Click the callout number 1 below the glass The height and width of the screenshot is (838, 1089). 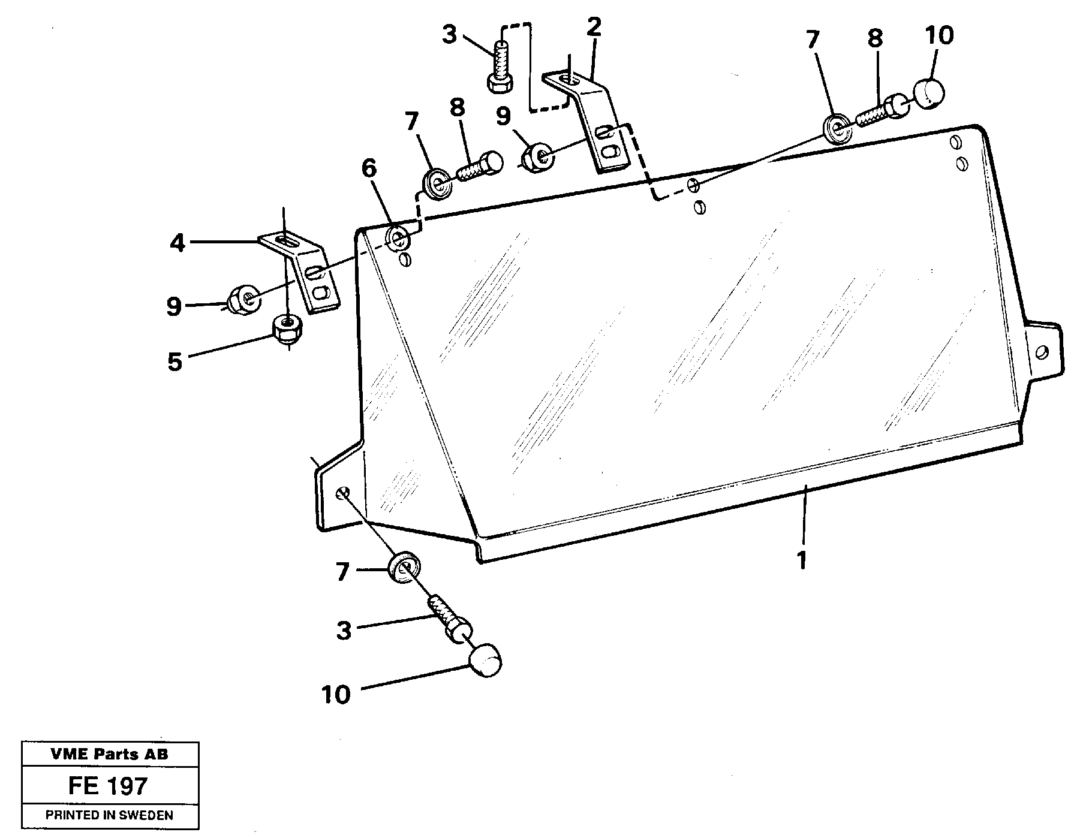[801, 560]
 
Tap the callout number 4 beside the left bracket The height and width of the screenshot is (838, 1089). [177, 243]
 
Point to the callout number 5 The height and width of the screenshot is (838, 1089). [175, 362]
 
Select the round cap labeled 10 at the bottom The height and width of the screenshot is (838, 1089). [485, 660]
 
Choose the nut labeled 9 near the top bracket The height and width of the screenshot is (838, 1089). [537, 157]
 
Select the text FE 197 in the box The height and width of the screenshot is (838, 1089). [108, 786]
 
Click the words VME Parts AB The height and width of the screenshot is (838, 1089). [110, 755]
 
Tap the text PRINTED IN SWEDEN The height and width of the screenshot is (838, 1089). [110, 815]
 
